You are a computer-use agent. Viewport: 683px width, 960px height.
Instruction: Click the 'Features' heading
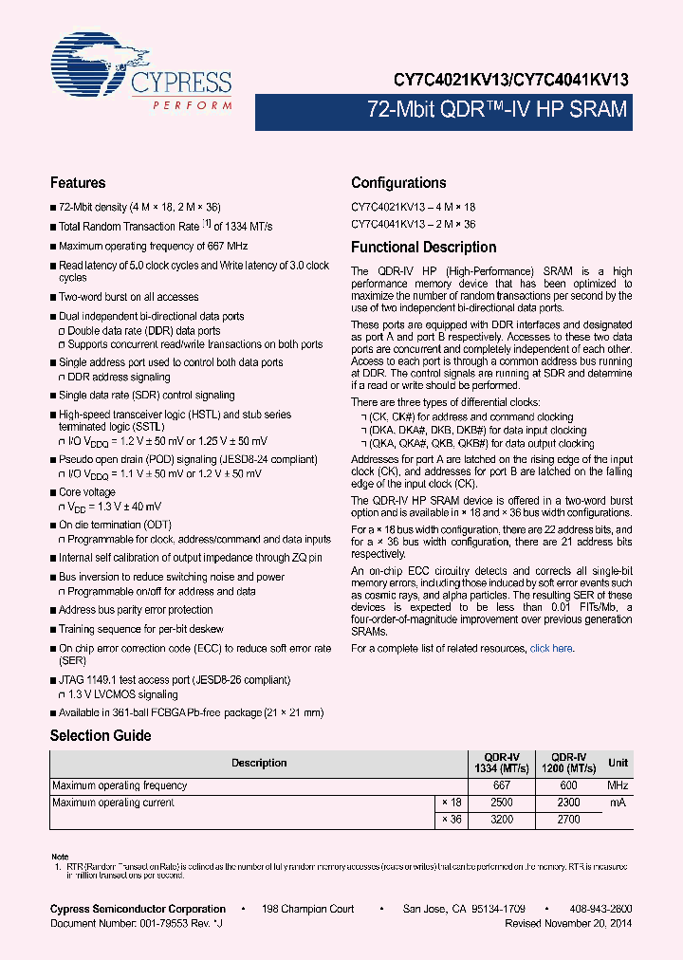[x=78, y=183]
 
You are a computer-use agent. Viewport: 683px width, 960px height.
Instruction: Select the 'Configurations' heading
[x=398, y=183]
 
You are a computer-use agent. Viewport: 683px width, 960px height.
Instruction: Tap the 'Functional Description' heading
[x=423, y=248]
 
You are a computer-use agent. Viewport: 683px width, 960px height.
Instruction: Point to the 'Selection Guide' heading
[x=100, y=735]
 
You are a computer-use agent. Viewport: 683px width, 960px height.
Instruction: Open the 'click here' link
[x=550, y=649]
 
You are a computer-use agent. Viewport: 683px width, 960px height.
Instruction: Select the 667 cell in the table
[x=502, y=785]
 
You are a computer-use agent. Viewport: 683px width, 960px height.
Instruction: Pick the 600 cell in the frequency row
[x=569, y=785]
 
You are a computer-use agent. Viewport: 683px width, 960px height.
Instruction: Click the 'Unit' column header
[x=618, y=763]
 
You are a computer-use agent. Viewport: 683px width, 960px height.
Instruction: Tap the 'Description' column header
[x=258, y=763]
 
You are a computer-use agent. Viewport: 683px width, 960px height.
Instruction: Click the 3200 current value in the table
[x=502, y=820]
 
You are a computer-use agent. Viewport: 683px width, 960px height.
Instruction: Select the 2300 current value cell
[x=569, y=803]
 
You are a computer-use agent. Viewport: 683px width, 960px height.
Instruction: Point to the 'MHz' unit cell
[x=618, y=785]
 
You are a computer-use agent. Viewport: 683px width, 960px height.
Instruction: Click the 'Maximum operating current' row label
[x=113, y=803]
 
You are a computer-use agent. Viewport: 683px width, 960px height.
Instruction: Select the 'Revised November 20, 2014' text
[x=568, y=923]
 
